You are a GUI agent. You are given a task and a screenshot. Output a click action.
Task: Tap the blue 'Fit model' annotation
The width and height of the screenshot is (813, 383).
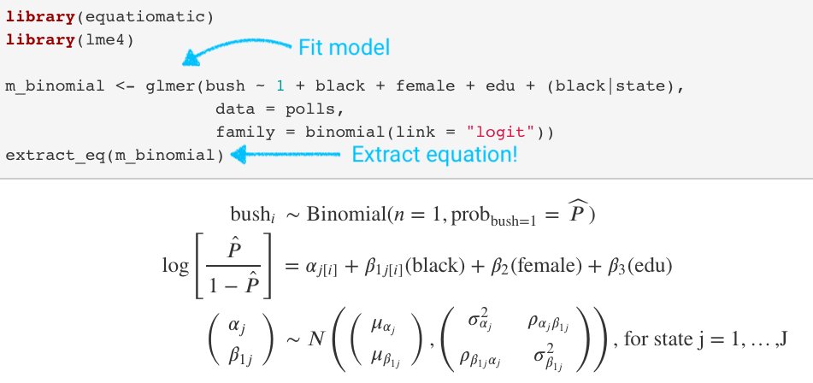[x=343, y=47]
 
